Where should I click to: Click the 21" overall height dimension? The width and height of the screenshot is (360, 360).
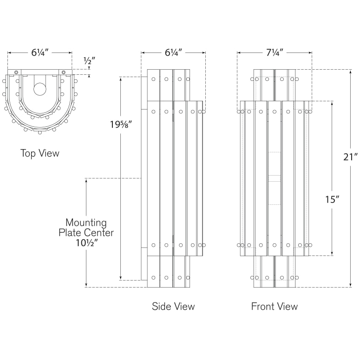tap(350, 157)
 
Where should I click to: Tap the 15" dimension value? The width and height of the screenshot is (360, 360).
tap(332, 199)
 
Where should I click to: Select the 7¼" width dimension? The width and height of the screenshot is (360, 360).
tap(275, 52)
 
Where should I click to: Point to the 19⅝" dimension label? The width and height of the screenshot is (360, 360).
tap(121, 124)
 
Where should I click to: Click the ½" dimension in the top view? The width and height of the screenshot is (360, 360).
tap(89, 61)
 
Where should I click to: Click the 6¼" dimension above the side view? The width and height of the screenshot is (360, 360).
tap(174, 52)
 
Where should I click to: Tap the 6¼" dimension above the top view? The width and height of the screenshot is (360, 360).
tap(40, 52)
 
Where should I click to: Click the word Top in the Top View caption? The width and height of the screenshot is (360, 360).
tap(27, 153)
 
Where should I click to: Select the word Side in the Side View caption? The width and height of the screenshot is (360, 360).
tap(161, 306)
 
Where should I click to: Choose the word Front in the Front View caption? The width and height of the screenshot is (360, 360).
tap(262, 306)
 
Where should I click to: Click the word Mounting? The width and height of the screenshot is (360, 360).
tap(86, 223)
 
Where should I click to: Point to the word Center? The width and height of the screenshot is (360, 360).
tap(100, 233)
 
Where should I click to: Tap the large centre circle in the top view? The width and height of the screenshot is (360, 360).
tap(40, 89)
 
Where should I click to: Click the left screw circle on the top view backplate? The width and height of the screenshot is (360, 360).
tap(16, 72)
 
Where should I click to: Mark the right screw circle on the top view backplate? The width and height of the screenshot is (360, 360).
tap(64, 72)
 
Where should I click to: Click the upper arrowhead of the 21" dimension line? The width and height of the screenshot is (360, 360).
tap(350, 71)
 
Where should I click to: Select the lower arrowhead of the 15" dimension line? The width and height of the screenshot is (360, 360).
tap(332, 254)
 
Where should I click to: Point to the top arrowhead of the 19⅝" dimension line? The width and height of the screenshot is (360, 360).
tap(120, 79)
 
